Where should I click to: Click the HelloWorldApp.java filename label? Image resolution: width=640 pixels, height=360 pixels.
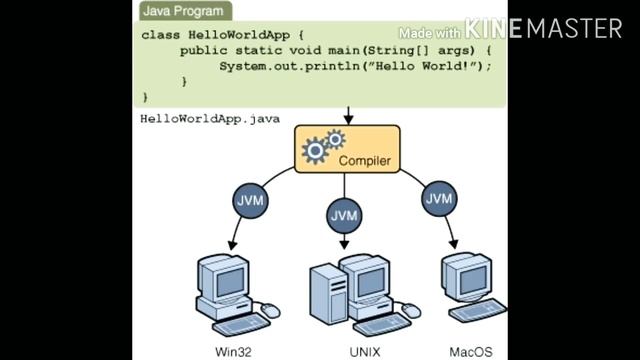coord(210,118)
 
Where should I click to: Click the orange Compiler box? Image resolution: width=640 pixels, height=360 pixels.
coord(347,149)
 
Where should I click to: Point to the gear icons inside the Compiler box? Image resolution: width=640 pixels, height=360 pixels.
coord(322,147)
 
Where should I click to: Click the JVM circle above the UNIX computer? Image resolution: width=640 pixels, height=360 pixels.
coord(344,215)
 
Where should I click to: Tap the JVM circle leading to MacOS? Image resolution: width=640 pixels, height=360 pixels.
coord(439,198)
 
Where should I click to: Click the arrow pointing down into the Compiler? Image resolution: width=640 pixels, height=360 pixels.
coord(347,115)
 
